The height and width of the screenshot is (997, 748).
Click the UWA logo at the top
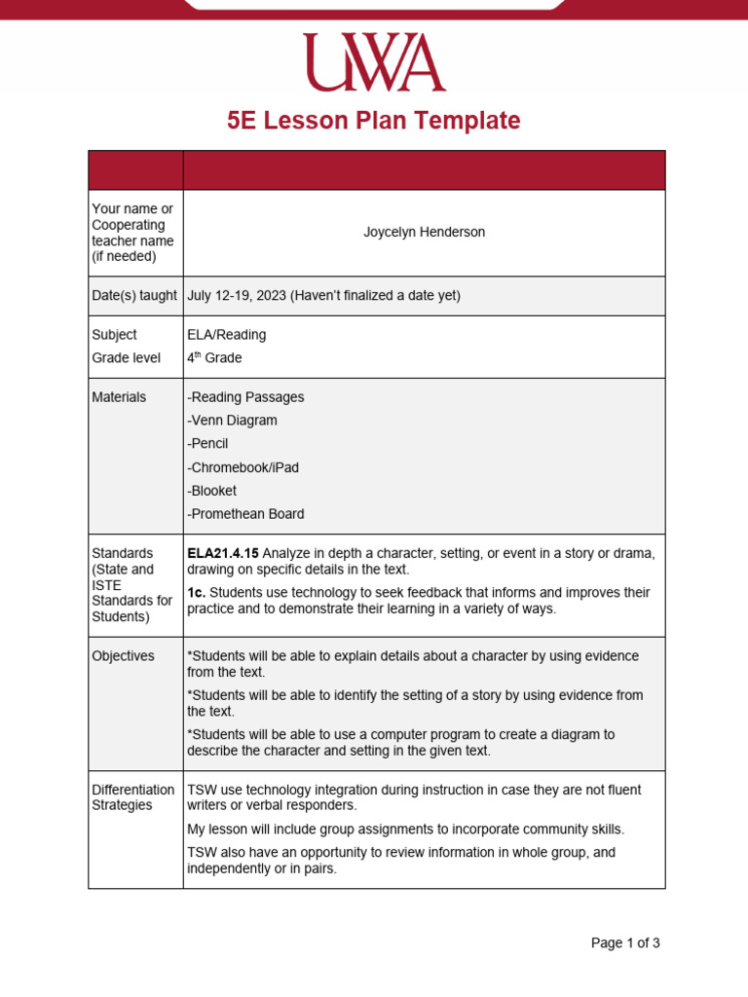[x=374, y=62]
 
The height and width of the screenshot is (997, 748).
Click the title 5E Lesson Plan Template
[x=374, y=121]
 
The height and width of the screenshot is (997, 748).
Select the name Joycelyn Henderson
[x=424, y=233]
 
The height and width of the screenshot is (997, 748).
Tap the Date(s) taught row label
[x=134, y=296]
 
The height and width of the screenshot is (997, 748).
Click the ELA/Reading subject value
[x=226, y=335]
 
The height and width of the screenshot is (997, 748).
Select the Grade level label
[x=126, y=358]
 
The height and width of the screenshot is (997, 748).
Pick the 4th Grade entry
[x=214, y=358]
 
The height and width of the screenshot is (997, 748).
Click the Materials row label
[x=119, y=397]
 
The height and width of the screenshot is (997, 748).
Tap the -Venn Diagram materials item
[x=232, y=421]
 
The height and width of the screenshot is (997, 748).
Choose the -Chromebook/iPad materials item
[x=243, y=467]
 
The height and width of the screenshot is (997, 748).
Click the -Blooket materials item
[x=211, y=491]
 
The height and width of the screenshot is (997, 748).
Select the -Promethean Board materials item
[x=245, y=514]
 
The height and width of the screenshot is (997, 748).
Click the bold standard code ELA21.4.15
[x=223, y=554]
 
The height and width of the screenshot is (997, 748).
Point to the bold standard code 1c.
[x=196, y=593]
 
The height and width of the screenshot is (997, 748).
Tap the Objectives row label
[x=123, y=656]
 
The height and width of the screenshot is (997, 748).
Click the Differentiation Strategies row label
[x=132, y=797]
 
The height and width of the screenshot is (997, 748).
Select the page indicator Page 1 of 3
[x=625, y=942]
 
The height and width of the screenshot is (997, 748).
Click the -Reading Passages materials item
[x=245, y=397]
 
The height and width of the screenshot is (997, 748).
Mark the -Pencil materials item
[x=208, y=444]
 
